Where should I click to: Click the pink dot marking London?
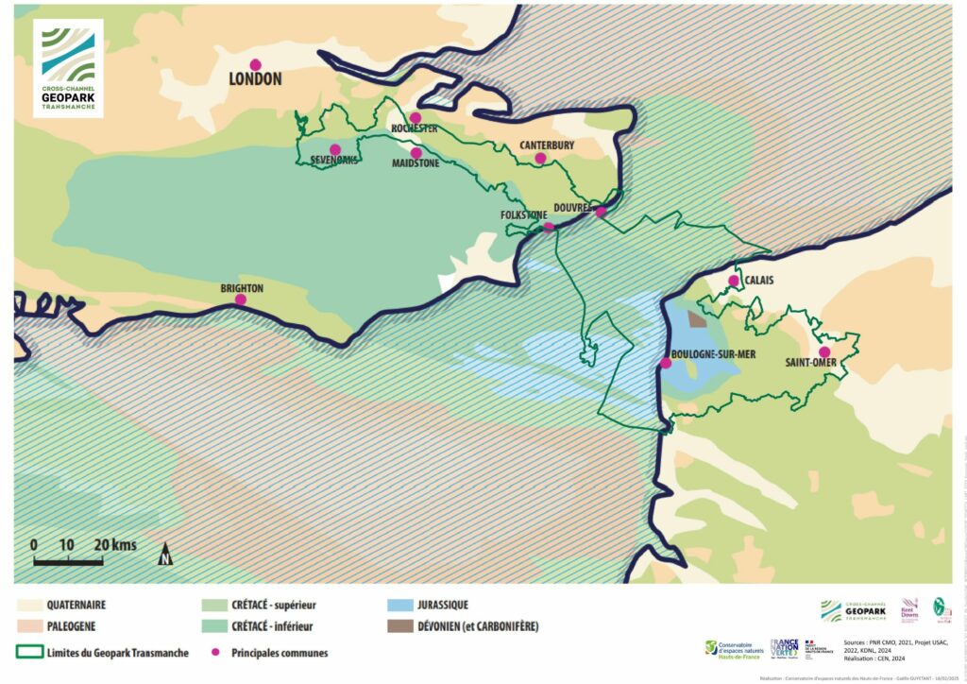point(255,64)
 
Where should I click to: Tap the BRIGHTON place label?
point(242,288)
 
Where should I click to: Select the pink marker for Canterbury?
point(540,158)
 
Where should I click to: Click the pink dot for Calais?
point(734,281)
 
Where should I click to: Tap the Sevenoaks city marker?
point(335,149)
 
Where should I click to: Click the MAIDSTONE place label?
point(416,163)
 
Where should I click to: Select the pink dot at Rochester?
point(415,118)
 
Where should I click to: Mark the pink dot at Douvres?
point(601,211)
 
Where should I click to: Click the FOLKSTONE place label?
point(523,215)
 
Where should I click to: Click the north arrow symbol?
point(165,554)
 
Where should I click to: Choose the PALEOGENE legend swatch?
point(30,625)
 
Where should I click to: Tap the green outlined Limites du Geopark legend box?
point(30,652)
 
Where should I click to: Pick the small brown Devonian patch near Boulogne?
point(697,319)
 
